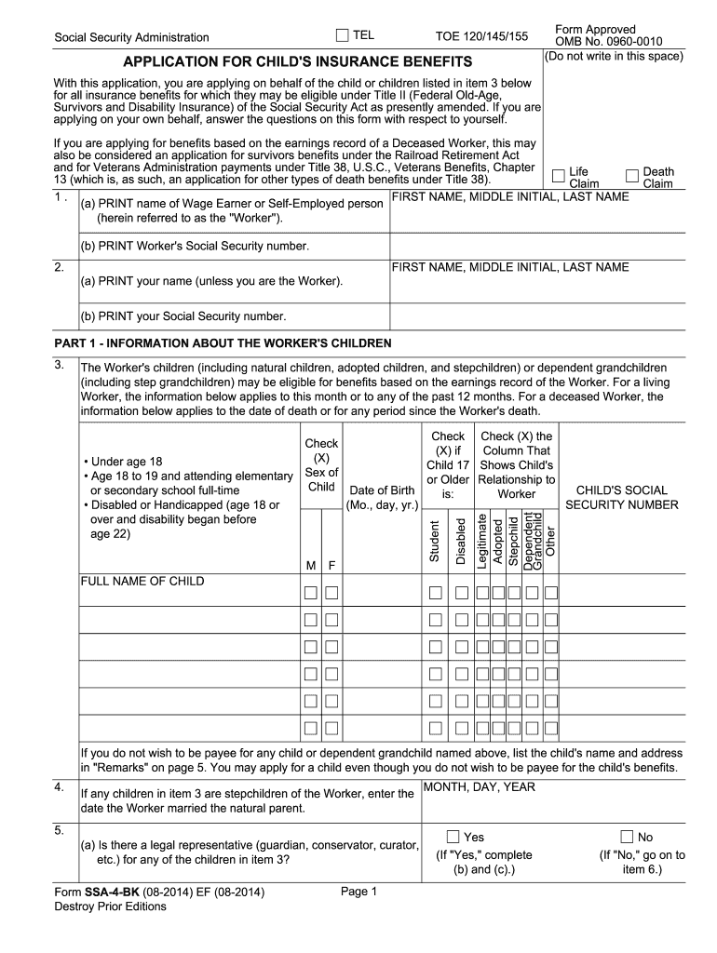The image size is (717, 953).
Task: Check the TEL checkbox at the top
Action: point(343,35)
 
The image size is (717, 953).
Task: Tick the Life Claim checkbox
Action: point(558,174)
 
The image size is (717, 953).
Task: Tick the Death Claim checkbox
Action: point(633,174)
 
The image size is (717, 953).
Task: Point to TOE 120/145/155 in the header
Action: point(481,37)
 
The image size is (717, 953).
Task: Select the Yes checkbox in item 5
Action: point(453,837)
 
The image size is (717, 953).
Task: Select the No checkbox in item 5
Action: point(627,837)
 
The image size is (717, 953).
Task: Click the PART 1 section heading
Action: point(223,342)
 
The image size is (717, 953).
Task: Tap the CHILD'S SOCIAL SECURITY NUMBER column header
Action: point(622,497)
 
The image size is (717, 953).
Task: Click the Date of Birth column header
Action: point(382,498)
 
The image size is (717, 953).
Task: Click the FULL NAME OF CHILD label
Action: point(142,582)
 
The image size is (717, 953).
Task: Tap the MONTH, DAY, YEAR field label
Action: point(480,787)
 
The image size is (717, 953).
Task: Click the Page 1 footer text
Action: point(358,892)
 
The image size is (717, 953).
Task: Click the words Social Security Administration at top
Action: point(131,38)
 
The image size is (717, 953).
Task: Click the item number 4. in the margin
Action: point(59,787)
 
